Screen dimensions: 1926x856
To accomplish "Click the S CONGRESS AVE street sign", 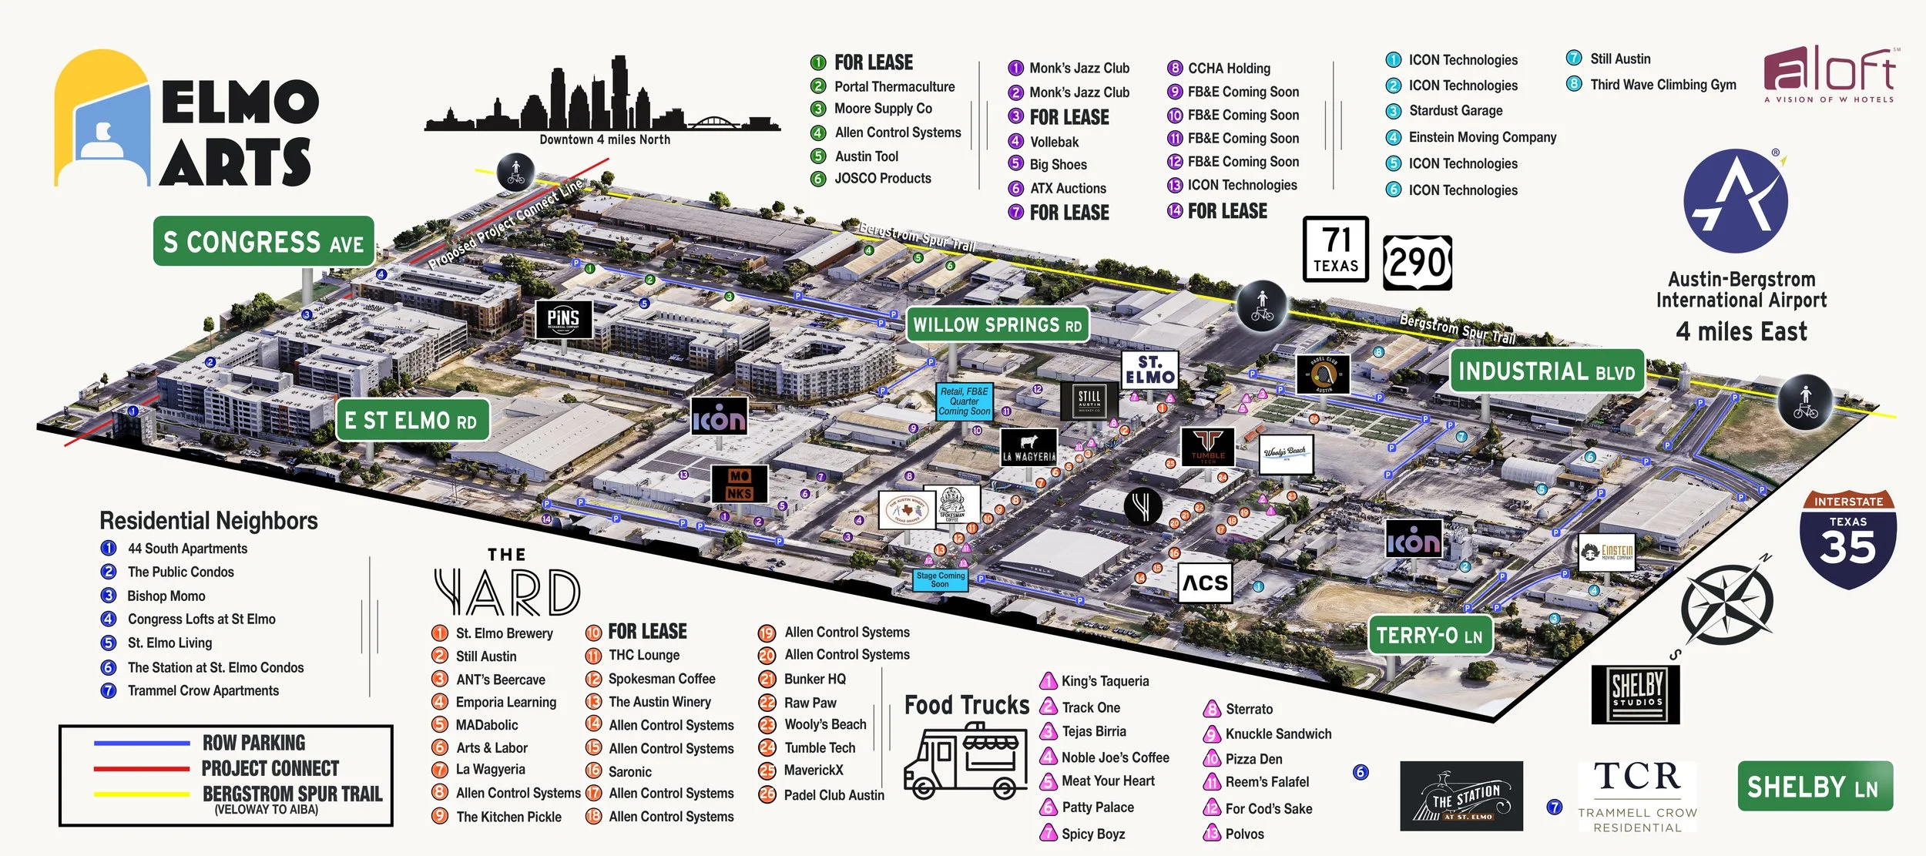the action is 263,242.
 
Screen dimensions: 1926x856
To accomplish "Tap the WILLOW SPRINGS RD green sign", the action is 997,324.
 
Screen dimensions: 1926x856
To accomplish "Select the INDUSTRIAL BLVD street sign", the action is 1546,371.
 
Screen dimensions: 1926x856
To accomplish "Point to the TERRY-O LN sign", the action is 1429,636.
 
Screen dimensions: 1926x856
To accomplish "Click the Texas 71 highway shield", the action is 1335,249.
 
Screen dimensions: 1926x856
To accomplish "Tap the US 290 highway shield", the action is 1417,263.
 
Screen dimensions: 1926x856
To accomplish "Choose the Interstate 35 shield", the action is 1847,539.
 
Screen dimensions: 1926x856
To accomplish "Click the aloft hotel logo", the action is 1830,73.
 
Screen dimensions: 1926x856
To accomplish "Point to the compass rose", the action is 1727,605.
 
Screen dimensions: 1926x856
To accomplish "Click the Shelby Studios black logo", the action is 1636,693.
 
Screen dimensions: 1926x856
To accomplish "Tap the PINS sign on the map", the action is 563,318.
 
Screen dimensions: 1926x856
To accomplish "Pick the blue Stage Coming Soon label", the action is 940,579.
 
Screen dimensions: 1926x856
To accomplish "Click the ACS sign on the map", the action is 1205,582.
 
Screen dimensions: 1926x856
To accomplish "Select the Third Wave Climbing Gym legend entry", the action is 1663,85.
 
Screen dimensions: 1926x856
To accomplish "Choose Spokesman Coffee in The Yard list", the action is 661,679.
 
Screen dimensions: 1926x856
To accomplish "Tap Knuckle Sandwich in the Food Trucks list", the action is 1277,733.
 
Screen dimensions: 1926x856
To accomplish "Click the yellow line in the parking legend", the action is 141,794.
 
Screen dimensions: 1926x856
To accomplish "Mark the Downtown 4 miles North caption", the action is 605,139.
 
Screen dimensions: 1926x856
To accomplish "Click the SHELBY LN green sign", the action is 1814,786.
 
